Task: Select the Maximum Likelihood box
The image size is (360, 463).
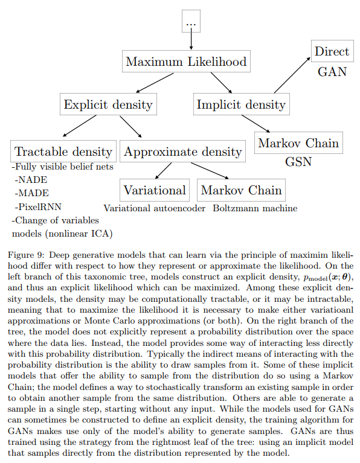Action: click(186, 62)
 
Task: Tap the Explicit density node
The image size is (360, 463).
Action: click(109, 104)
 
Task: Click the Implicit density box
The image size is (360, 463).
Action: click(240, 104)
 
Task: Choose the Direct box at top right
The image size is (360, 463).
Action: click(332, 51)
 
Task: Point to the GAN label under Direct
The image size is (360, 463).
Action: click(332, 71)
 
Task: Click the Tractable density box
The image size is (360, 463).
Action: click(63, 152)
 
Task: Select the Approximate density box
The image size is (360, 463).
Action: click(182, 152)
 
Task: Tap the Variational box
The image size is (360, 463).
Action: click(155, 190)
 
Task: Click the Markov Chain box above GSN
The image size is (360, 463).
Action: click(298, 144)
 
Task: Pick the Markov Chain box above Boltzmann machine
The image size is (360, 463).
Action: click(241, 190)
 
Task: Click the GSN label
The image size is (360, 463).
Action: click(298, 163)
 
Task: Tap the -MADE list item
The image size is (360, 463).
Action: click(31, 193)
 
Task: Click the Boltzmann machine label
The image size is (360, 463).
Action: click(255, 209)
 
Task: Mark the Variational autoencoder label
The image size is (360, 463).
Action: click(155, 209)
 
